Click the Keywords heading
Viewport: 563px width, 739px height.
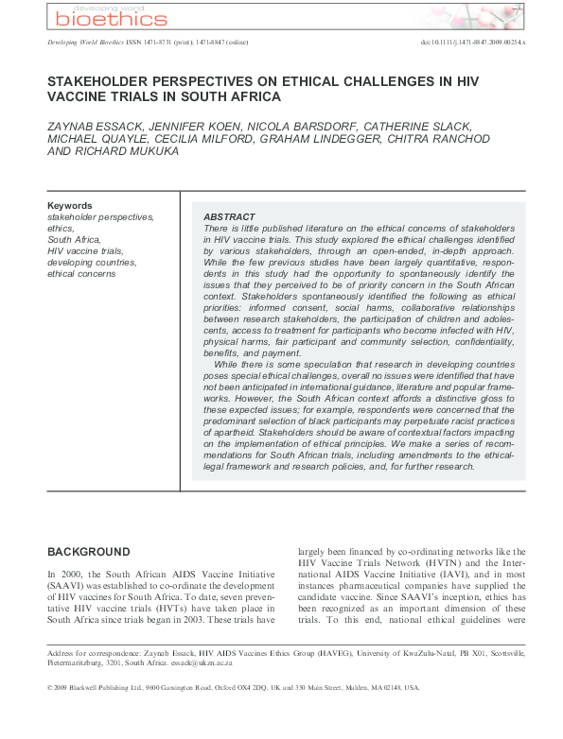[x=70, y=205]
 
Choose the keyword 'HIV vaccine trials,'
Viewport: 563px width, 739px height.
[x=88, y=251]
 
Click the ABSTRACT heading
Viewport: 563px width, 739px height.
[x=229, y=216]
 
